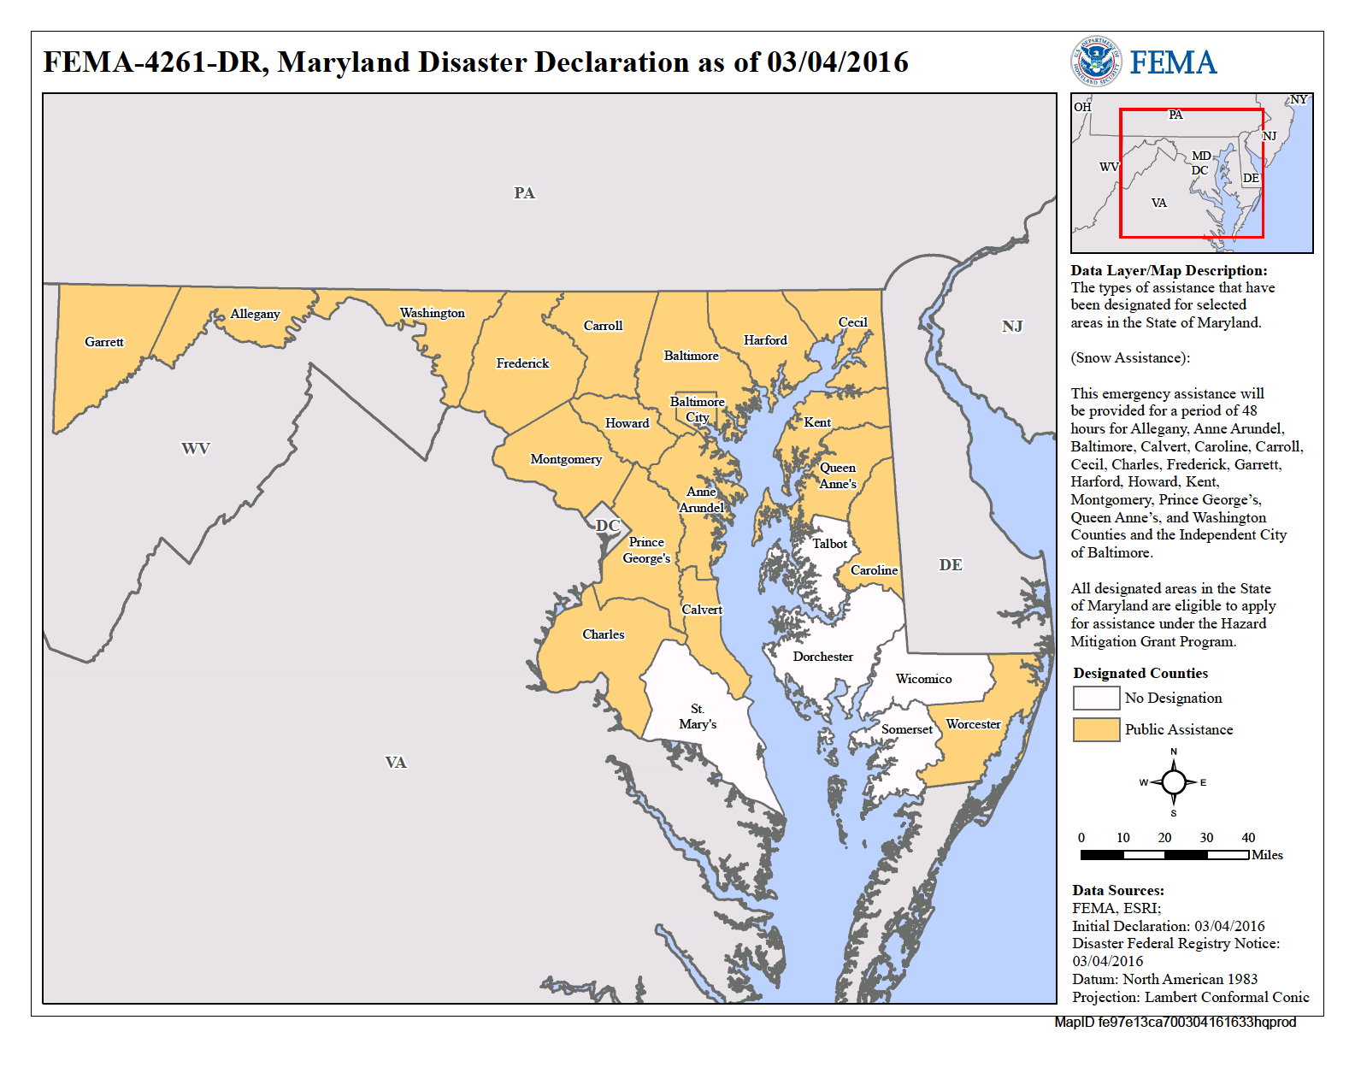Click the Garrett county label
coord(104,342)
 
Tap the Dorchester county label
coord(822,657)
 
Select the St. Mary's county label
coord(698,716)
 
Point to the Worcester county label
coord(973,724)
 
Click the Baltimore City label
coord(697,410)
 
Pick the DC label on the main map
coord(607,525)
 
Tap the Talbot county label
coord(829,544)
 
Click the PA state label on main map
coord(524,193)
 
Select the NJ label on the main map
coord(1012,327)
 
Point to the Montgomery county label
coord(566,459)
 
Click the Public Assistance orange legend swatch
coord(1096,729)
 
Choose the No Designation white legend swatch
coord(1096,698)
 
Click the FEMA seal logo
coord(1096,62)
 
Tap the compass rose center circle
coord(1174,781)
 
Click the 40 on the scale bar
coord(1248,838)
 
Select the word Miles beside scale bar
coord(1267,855)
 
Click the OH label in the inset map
coord(1082,107)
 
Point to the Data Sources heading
coord(1118,890)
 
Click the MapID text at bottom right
coord(1175,1023)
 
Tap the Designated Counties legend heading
coord(1140,674)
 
